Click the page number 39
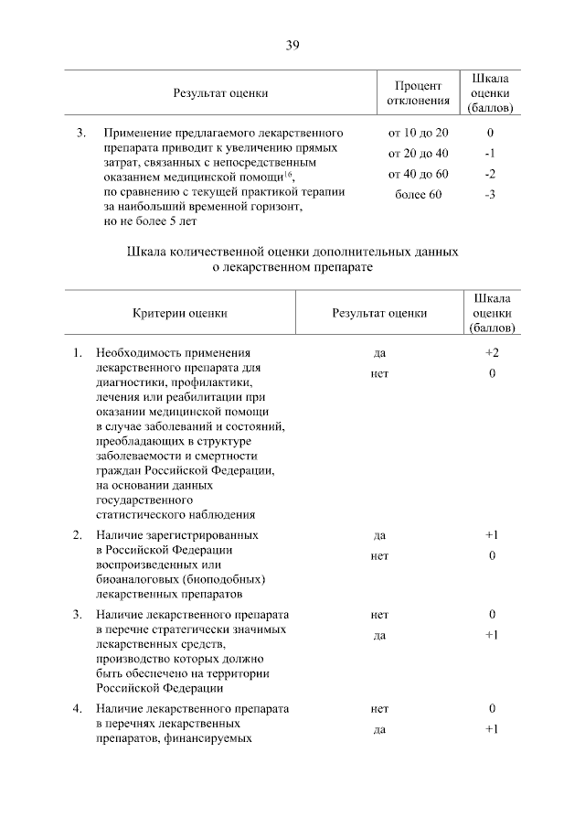coord(292,45)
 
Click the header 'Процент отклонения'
coord(418,92)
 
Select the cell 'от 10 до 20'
coord(418,134)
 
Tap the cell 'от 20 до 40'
coord(418,154)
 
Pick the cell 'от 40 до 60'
coord(418,174)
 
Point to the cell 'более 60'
coord(418,194)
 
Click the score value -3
coord(491,194)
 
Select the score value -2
coord(491,174)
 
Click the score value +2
coord(491,352)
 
